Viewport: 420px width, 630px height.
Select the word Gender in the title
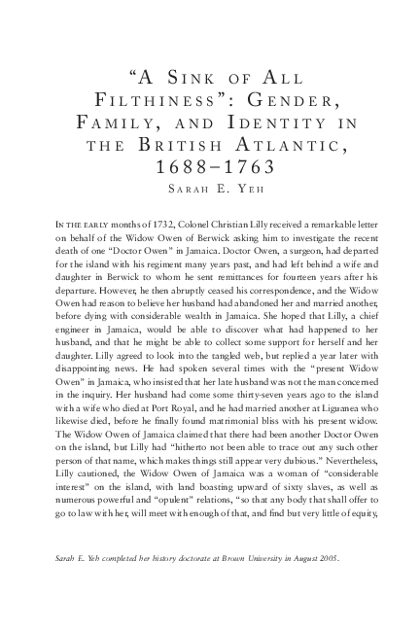[x=295, y=100]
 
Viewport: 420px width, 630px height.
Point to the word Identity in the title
[x=282, y=122]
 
